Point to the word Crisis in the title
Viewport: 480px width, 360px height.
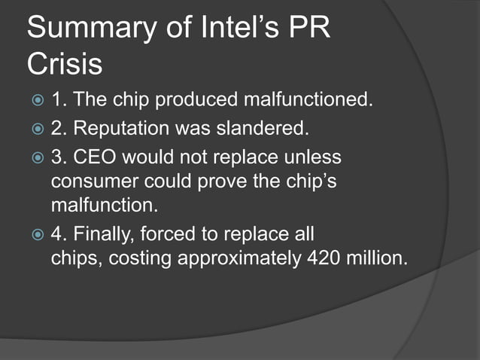[x=65, y=65]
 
